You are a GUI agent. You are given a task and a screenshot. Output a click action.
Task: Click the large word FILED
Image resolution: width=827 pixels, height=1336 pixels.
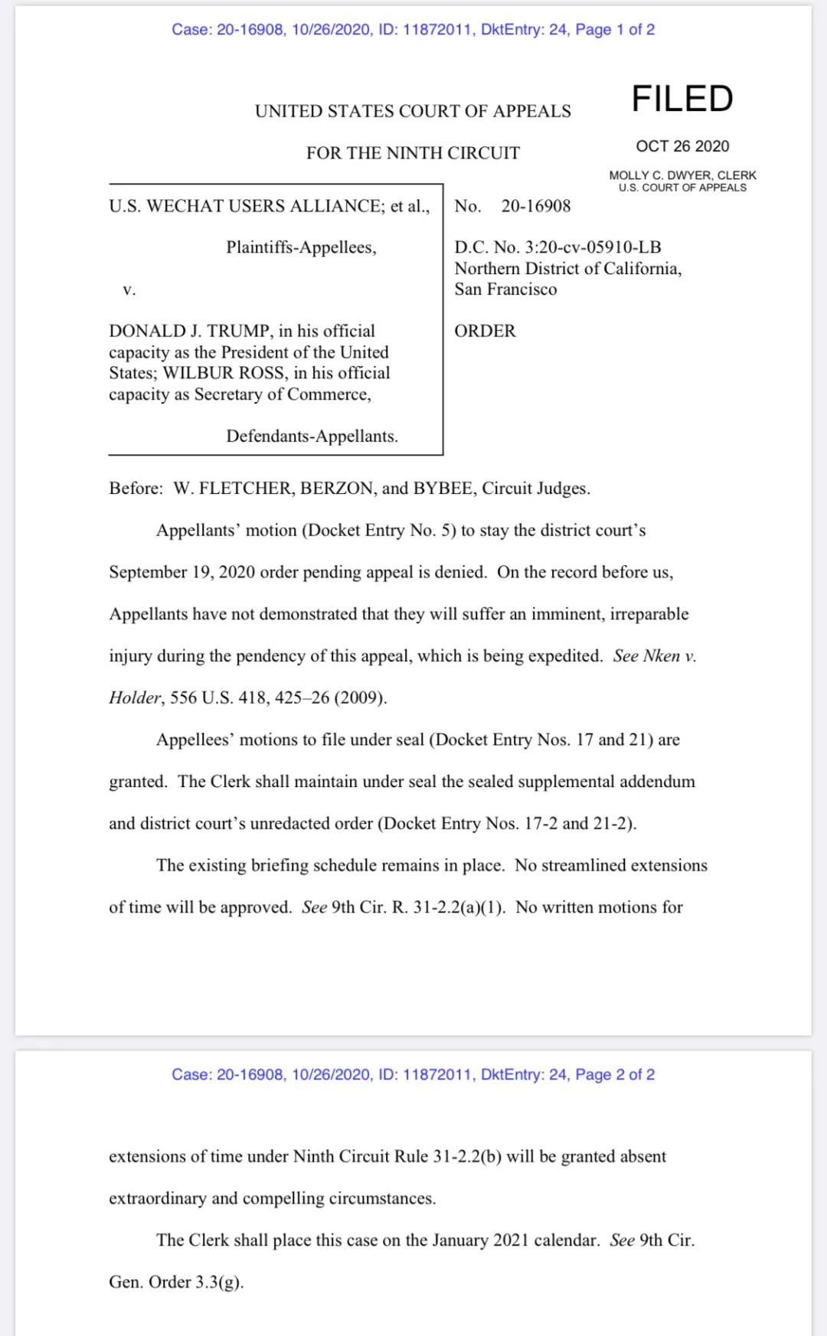(x=682, y=99)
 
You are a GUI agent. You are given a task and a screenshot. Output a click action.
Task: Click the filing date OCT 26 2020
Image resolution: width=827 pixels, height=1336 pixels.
(x=682, y=146)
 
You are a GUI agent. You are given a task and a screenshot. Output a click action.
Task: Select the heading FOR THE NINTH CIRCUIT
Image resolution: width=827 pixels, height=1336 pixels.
(x=413, y=153)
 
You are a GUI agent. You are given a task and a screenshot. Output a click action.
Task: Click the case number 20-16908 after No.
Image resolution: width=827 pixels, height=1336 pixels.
(x=536, y=206)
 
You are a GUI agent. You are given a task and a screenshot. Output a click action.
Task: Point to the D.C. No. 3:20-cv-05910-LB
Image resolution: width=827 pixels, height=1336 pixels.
(x=557, y=247)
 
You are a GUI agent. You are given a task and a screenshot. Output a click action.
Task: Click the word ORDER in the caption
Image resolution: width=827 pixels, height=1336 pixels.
(x=485, y=331)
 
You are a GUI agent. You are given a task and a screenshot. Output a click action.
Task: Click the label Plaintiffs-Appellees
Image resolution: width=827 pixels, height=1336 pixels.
(x=301, y=247)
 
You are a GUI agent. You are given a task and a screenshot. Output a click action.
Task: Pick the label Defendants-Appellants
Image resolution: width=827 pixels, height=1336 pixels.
(x=312, y=436)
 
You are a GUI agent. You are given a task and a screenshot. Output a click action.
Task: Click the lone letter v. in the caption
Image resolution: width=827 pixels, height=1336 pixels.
(x=129, y=289)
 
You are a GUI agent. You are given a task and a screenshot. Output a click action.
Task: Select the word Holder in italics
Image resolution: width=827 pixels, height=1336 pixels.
(x=135, y=697)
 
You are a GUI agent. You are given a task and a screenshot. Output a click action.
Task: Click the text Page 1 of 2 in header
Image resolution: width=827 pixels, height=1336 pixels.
(x=615, y=30)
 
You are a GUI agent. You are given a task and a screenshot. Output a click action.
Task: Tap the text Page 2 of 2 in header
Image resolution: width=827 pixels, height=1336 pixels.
(x=615, y=1075)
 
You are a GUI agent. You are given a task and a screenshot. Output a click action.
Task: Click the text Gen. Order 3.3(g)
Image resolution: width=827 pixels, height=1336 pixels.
(x=176, y=1282)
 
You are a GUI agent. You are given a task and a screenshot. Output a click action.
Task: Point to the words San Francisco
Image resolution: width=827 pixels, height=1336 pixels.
(x=505, y=289)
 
